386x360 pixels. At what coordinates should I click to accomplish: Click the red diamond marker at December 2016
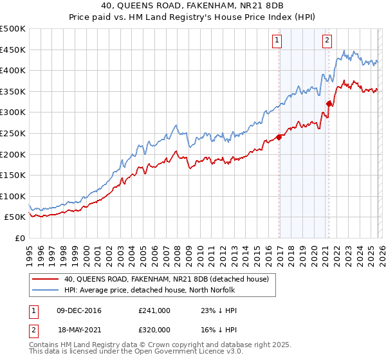click(x=279, y=137)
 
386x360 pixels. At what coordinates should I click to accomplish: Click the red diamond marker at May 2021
click(x=329, y=104)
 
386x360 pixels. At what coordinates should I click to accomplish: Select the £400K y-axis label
click(x=14, y=70)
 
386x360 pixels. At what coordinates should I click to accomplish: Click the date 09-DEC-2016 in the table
click(x=79, y=310)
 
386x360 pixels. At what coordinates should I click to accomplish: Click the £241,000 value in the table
click(x=154, y=310)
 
